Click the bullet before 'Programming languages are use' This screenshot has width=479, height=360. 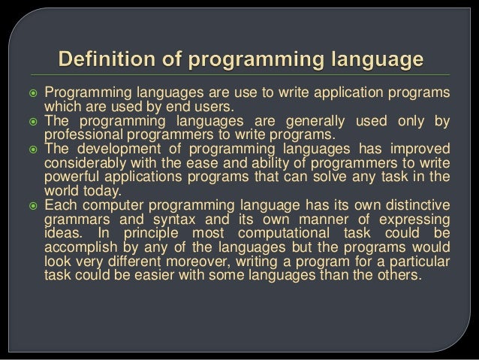(x=32, y=93)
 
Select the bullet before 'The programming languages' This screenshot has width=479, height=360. (x=32, y=122)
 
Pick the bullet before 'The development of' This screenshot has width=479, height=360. (x=32, y=150)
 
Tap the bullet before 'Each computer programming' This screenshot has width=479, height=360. (x=32, y=205)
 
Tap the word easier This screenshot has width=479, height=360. (x=176, y=274)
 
